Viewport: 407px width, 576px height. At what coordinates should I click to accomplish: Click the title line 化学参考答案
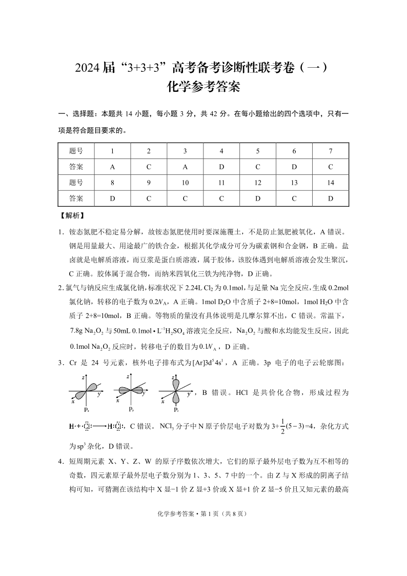coord(203,87)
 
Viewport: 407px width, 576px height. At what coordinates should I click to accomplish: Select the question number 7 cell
coord(331,151)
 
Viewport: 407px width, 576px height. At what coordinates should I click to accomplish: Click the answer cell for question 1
coord(112,167)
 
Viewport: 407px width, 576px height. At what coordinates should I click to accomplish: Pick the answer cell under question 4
coord(221,167)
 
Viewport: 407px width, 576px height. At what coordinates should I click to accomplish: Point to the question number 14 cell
coord(331,183)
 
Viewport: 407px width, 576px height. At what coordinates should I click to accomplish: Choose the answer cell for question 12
coord(258,198)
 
